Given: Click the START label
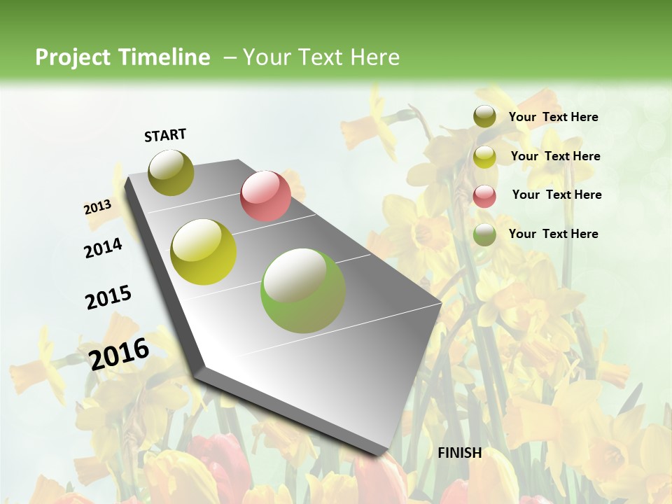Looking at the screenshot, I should click(x=165, y=135).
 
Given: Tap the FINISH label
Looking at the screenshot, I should click(x=460, y=453).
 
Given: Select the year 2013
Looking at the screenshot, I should click(x=97, y=207).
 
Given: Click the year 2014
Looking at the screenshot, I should click(x=103, y=248).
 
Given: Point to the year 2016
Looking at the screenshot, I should click(x=119, y=354).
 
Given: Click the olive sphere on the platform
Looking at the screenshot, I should click(x=171, y=172).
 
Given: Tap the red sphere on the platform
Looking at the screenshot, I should click(x=265, y=195).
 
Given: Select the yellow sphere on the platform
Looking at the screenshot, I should click(x=204, y=252).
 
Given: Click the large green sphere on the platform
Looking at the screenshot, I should click(x=303, y=290).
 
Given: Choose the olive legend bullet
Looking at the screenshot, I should click(x=484, y=117).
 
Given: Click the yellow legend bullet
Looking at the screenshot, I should click(x=484, y=157).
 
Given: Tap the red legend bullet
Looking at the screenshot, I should click(x=484, y=195).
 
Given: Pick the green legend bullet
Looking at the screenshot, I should click(x=484, y=234).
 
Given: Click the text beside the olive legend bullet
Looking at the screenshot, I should click(x=553, y=118).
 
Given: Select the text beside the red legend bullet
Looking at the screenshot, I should click(x=556, y=195).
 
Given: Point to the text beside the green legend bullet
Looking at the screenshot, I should click(x=553, y=234).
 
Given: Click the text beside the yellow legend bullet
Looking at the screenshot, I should click(x=555, y=156).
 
